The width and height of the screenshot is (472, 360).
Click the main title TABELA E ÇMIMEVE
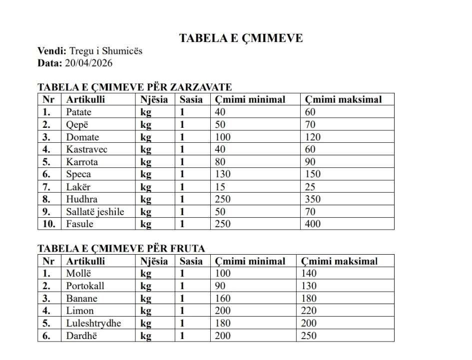241,38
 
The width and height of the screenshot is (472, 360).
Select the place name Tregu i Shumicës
106,51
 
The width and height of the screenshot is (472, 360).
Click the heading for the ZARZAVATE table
135,87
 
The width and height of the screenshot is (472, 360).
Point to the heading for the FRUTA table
121,248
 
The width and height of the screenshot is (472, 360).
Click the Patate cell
79,112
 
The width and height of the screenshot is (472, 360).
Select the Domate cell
82,137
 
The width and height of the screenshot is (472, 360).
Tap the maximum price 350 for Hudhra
313,199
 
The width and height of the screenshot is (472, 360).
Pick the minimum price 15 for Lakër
220,187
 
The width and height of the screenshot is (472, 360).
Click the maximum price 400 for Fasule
313,224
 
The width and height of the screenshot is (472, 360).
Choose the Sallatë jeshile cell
95,211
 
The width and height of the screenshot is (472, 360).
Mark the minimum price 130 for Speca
223,174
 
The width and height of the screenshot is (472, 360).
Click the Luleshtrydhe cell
93,323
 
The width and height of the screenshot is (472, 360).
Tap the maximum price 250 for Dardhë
309,336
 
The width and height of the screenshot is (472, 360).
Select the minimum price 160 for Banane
223,299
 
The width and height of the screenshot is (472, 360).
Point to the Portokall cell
85,286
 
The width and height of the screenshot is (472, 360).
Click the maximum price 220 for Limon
309,311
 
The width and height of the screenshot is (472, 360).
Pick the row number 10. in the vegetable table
48,224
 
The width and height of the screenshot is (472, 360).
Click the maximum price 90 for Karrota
310,162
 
